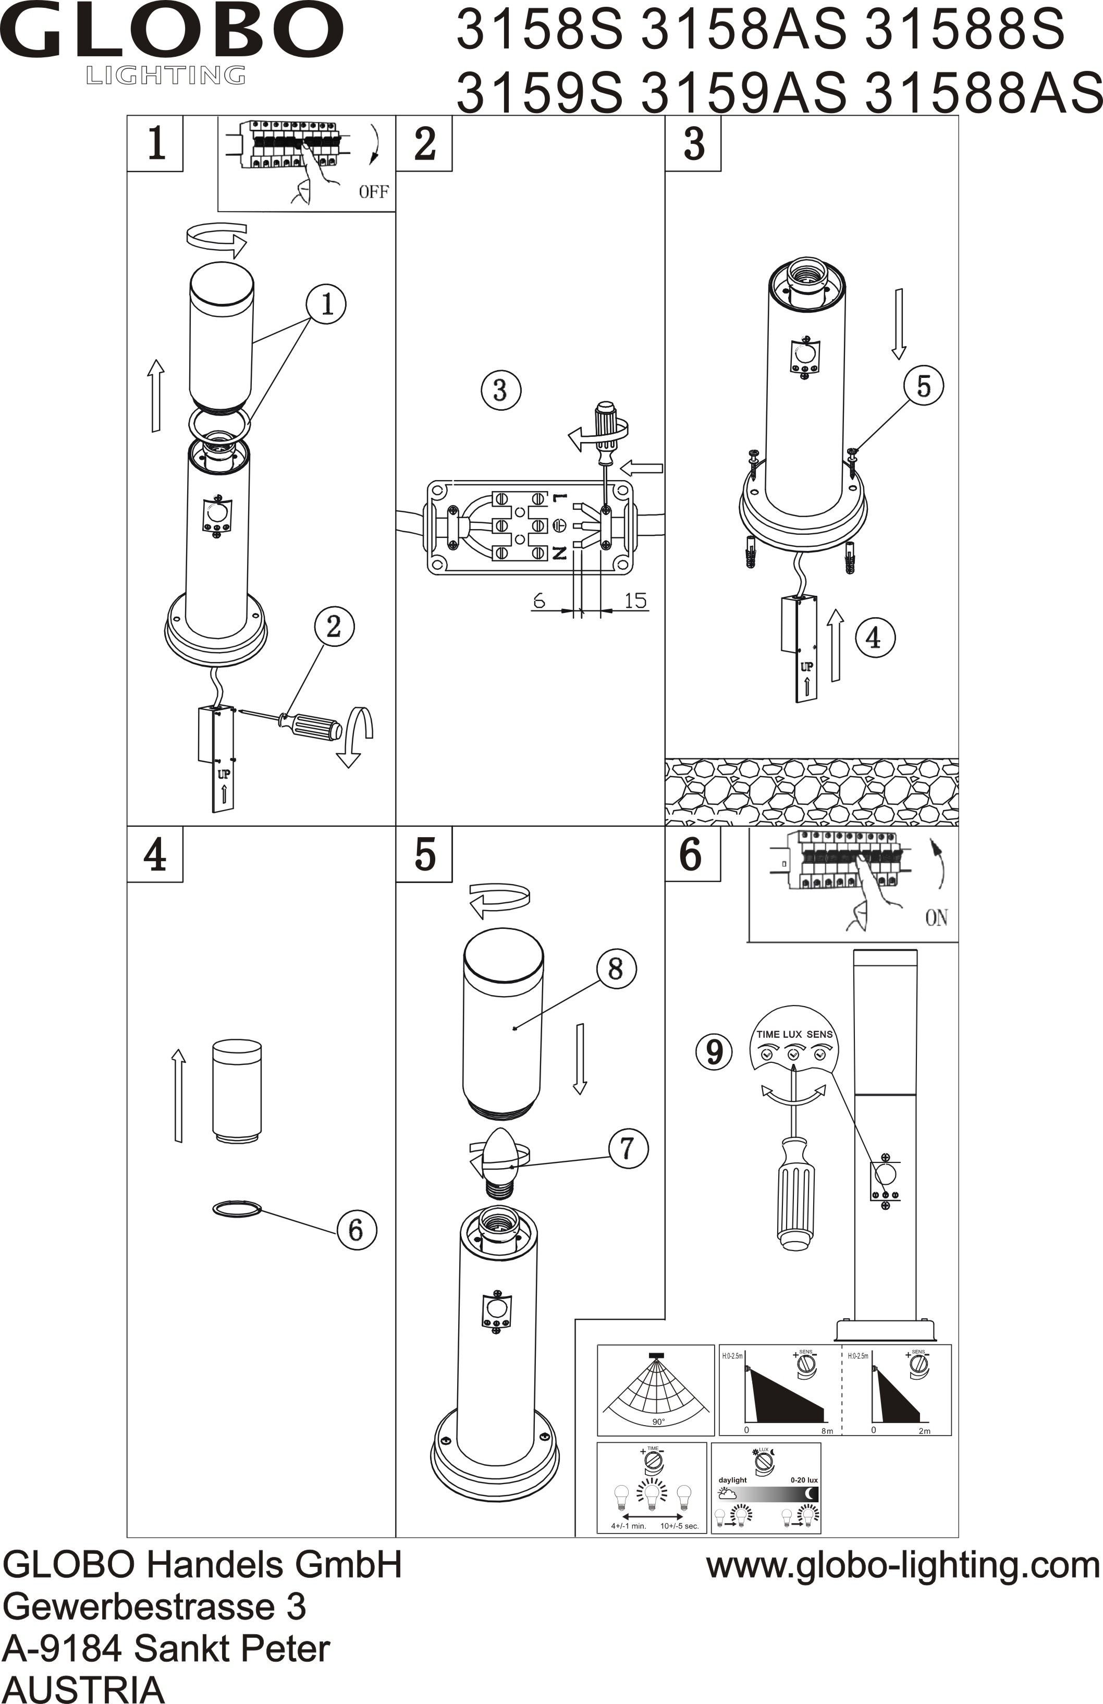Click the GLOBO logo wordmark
(172, 32)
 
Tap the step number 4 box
(155, 854)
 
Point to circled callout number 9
(714, 1052)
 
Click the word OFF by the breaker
(374, 191)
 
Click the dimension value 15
(635, 600)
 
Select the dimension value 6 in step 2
(539, 600)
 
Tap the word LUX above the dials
(792, 1034)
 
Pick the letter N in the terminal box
(559, 552)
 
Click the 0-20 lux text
(803, 1479)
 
